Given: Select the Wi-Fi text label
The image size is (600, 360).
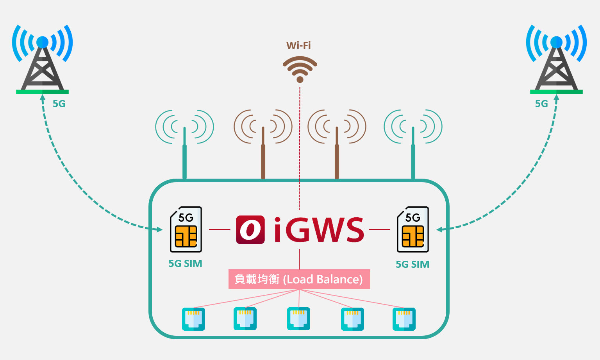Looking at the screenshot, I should [x=298, y=45].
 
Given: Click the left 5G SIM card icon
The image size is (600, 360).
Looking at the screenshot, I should [x=186, y=229].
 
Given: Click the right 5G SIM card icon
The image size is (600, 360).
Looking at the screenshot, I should [x=413, y=229].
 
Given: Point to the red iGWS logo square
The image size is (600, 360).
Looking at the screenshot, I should [x=250, y=229].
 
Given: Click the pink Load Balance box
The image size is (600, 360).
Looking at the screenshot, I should [x=299, y=279].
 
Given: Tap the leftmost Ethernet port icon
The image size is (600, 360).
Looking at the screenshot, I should [x=193, y=319].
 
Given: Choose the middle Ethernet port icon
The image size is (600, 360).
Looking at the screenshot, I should [x=298, y=319].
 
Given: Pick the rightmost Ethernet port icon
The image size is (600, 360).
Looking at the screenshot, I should [x=404, y=319].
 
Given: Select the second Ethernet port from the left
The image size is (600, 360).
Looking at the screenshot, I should [x=245, y=319].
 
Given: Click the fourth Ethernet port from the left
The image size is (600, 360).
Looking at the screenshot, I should [x=352, y=319].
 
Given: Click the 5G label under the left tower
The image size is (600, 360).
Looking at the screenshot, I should [x=59, y=104].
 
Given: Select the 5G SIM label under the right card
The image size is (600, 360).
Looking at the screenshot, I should [x=412, y=264].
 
